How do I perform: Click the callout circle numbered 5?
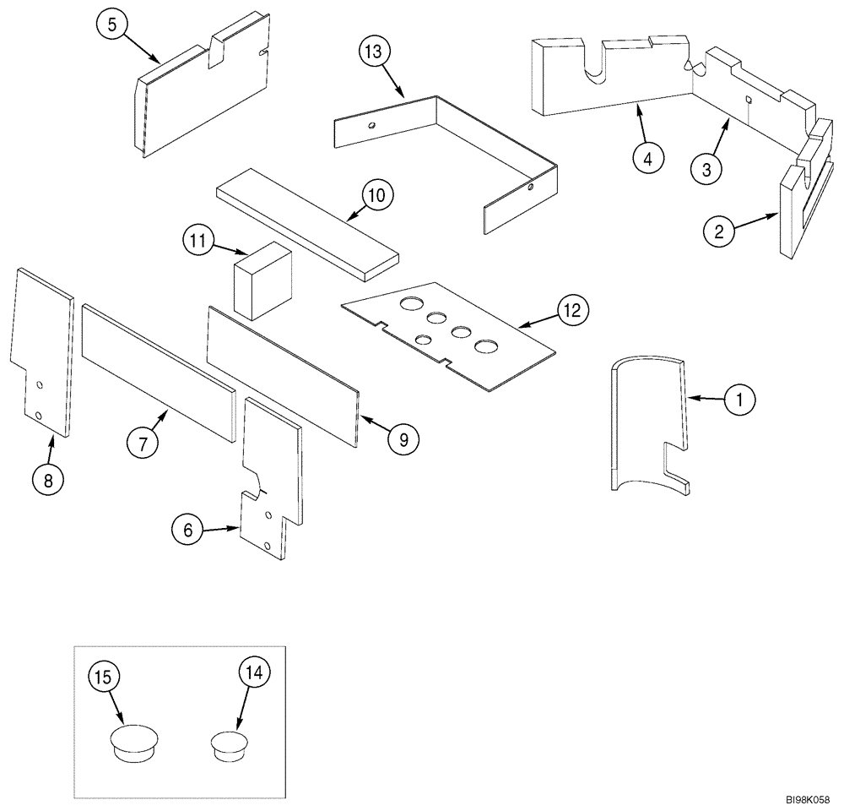[112, 25]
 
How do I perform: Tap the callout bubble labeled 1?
[740, 400]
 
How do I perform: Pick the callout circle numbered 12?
[572, 311]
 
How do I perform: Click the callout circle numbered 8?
[48, 480]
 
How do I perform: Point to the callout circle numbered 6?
[188, 530]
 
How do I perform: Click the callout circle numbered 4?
[647, 158]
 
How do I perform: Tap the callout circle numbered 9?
[403, 438]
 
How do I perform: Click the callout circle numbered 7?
[143, 443]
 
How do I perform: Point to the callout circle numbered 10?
[376, 196]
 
